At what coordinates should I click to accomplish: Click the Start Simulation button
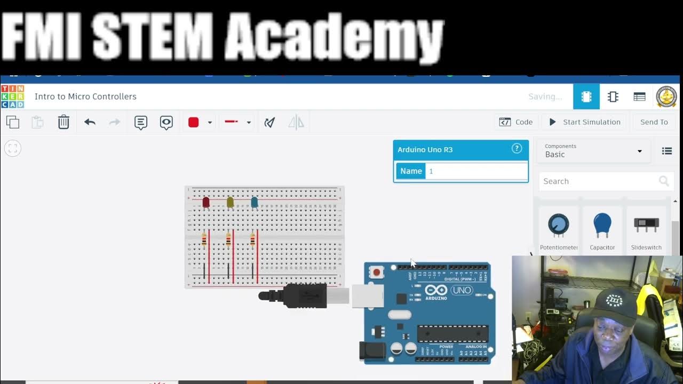click(x=585, y=122)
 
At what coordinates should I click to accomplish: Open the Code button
click(x=516, y=122)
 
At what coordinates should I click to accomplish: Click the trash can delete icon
click(x=63, y=122)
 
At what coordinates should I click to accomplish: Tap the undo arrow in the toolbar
click(x=90, y=122)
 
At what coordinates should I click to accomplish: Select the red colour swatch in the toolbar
click(x=194, y=122)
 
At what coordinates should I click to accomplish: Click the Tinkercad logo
click(x=12, y=97)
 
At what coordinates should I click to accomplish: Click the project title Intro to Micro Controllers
click(x=85, y=97)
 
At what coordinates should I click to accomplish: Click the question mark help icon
click(x=517, y=149)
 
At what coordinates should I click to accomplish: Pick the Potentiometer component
click(x=559, y=226)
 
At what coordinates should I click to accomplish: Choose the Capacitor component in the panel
click(x=602, y=226)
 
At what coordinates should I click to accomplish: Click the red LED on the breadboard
click(x=206, y=202)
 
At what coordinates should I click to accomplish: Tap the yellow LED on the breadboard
click(x=230, y=202)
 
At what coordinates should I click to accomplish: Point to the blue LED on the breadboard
click(x=255, y=202)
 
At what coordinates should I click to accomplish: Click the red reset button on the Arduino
click(x=377, y=273)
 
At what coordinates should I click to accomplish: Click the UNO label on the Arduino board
click(x=462, y=291)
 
